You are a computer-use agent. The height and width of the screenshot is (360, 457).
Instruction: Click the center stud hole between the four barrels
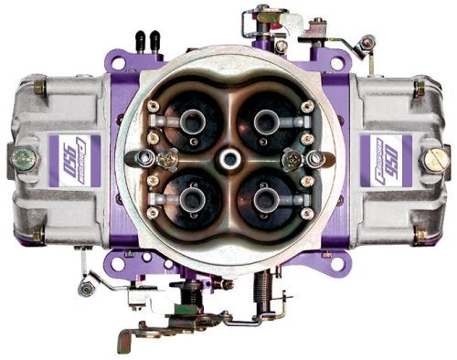(x=228, y=160)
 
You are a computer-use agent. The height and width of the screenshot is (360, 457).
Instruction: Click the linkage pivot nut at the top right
(x=367, y=42)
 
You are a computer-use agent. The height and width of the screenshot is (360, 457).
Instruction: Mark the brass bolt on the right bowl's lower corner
(x=417, y=230)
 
